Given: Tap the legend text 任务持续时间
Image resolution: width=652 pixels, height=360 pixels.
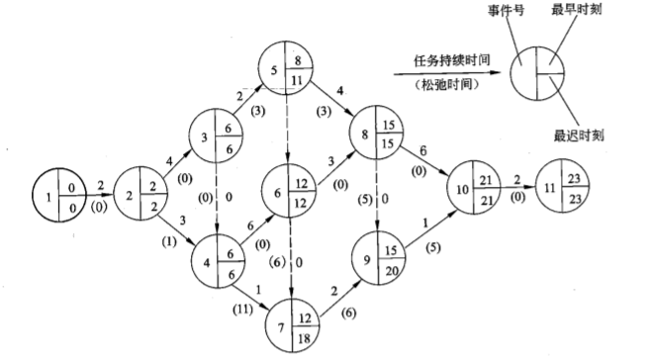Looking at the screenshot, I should click(x=439, y=60).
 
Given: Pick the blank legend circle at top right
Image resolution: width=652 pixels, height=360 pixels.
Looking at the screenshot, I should click(x=537, y=72).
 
